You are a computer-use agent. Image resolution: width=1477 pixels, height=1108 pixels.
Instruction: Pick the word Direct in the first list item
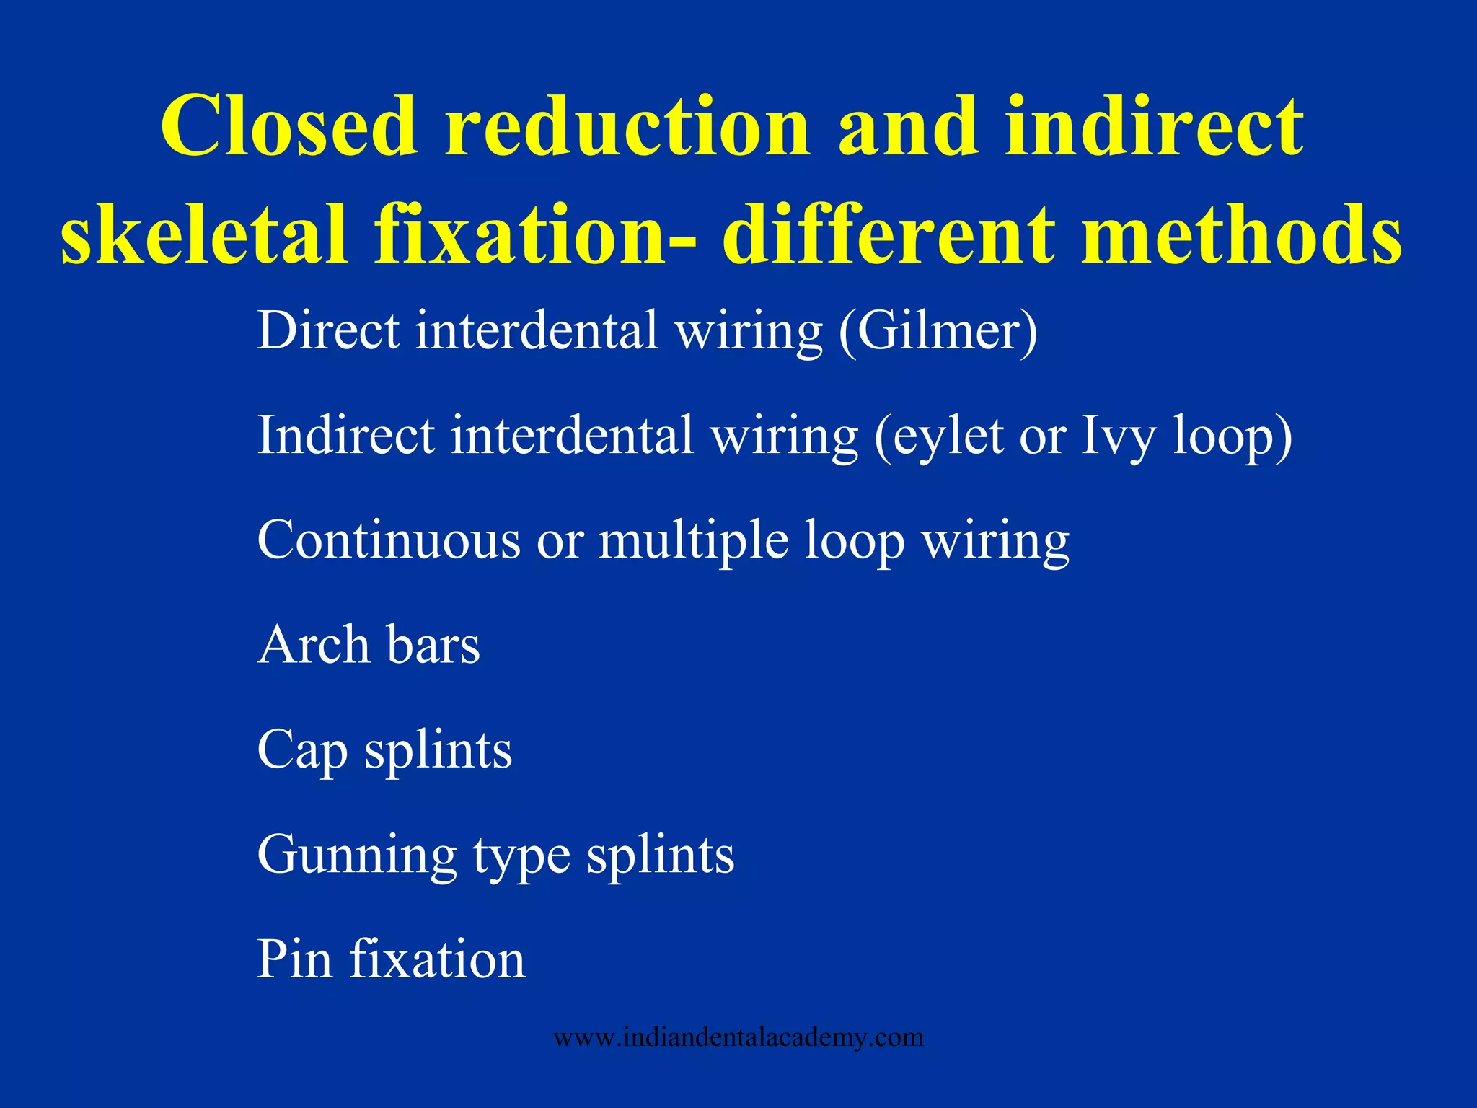328,330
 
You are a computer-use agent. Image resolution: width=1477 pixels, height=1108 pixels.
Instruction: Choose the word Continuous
388,540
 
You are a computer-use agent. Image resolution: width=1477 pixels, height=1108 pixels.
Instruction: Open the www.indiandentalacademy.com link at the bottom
738,1037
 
